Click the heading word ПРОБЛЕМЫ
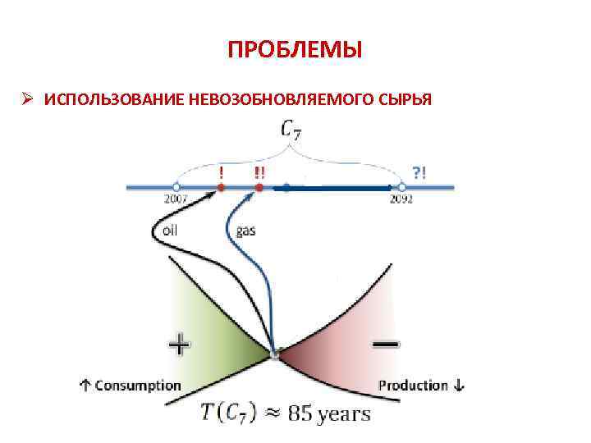coord(295,52)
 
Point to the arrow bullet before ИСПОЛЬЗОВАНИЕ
coord(27,99)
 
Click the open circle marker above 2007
coord(176,187)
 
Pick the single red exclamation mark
coord(221,172)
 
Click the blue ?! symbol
coord(419,172)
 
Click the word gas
coord(245,231)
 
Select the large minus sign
coord(387,345)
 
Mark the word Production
coord(414,385)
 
